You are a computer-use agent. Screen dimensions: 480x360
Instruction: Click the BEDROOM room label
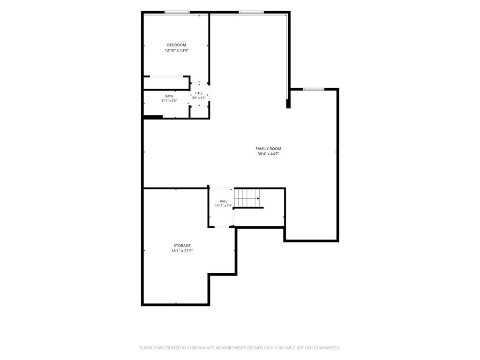point(177,45)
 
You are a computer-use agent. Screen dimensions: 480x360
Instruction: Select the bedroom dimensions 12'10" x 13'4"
point(177,50)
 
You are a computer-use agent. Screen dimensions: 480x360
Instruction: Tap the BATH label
point(169,96)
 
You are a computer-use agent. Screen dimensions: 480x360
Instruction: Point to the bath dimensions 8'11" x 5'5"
point(169,100)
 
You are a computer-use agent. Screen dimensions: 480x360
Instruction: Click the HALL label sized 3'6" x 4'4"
point(199,93)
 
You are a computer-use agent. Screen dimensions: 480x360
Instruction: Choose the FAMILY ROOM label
point(269,149)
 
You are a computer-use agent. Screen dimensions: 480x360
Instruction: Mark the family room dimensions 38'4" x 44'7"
point(269,154)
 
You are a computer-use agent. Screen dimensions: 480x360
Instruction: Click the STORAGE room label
point(182,246)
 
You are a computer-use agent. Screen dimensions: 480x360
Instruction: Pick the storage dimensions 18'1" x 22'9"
point(182,251)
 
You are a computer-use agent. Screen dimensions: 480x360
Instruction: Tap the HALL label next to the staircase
point(224,201)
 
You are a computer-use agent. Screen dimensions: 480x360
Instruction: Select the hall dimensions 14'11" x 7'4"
point(224,206)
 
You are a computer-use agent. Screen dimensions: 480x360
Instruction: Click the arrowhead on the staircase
point(258,198)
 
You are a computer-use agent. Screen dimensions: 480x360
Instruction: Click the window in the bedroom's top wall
point(177,12)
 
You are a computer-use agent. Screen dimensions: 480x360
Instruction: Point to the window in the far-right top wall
point(314,90)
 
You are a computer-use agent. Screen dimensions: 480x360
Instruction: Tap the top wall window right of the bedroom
point(251,12)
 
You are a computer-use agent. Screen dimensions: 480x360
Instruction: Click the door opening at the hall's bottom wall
point(222,227)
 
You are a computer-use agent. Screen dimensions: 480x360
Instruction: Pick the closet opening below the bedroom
point(166,76)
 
